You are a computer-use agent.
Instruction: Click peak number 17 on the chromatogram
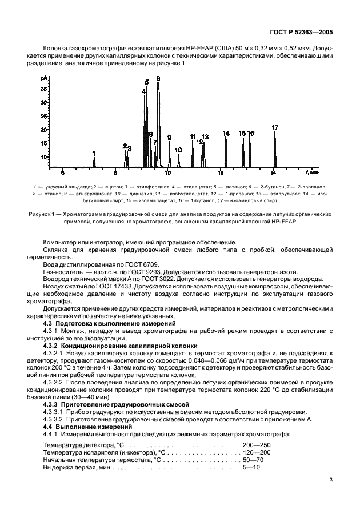tap(275, 127)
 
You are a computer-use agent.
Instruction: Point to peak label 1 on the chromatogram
tap(94, 154)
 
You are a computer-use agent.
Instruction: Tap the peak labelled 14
tap(226, 134)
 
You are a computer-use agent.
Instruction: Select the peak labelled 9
tap(169, 138)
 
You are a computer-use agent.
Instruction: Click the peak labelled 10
tap(178, 150)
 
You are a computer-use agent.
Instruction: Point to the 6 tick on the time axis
tap(63, 172)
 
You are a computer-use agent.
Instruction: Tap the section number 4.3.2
tap(55, 346)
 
